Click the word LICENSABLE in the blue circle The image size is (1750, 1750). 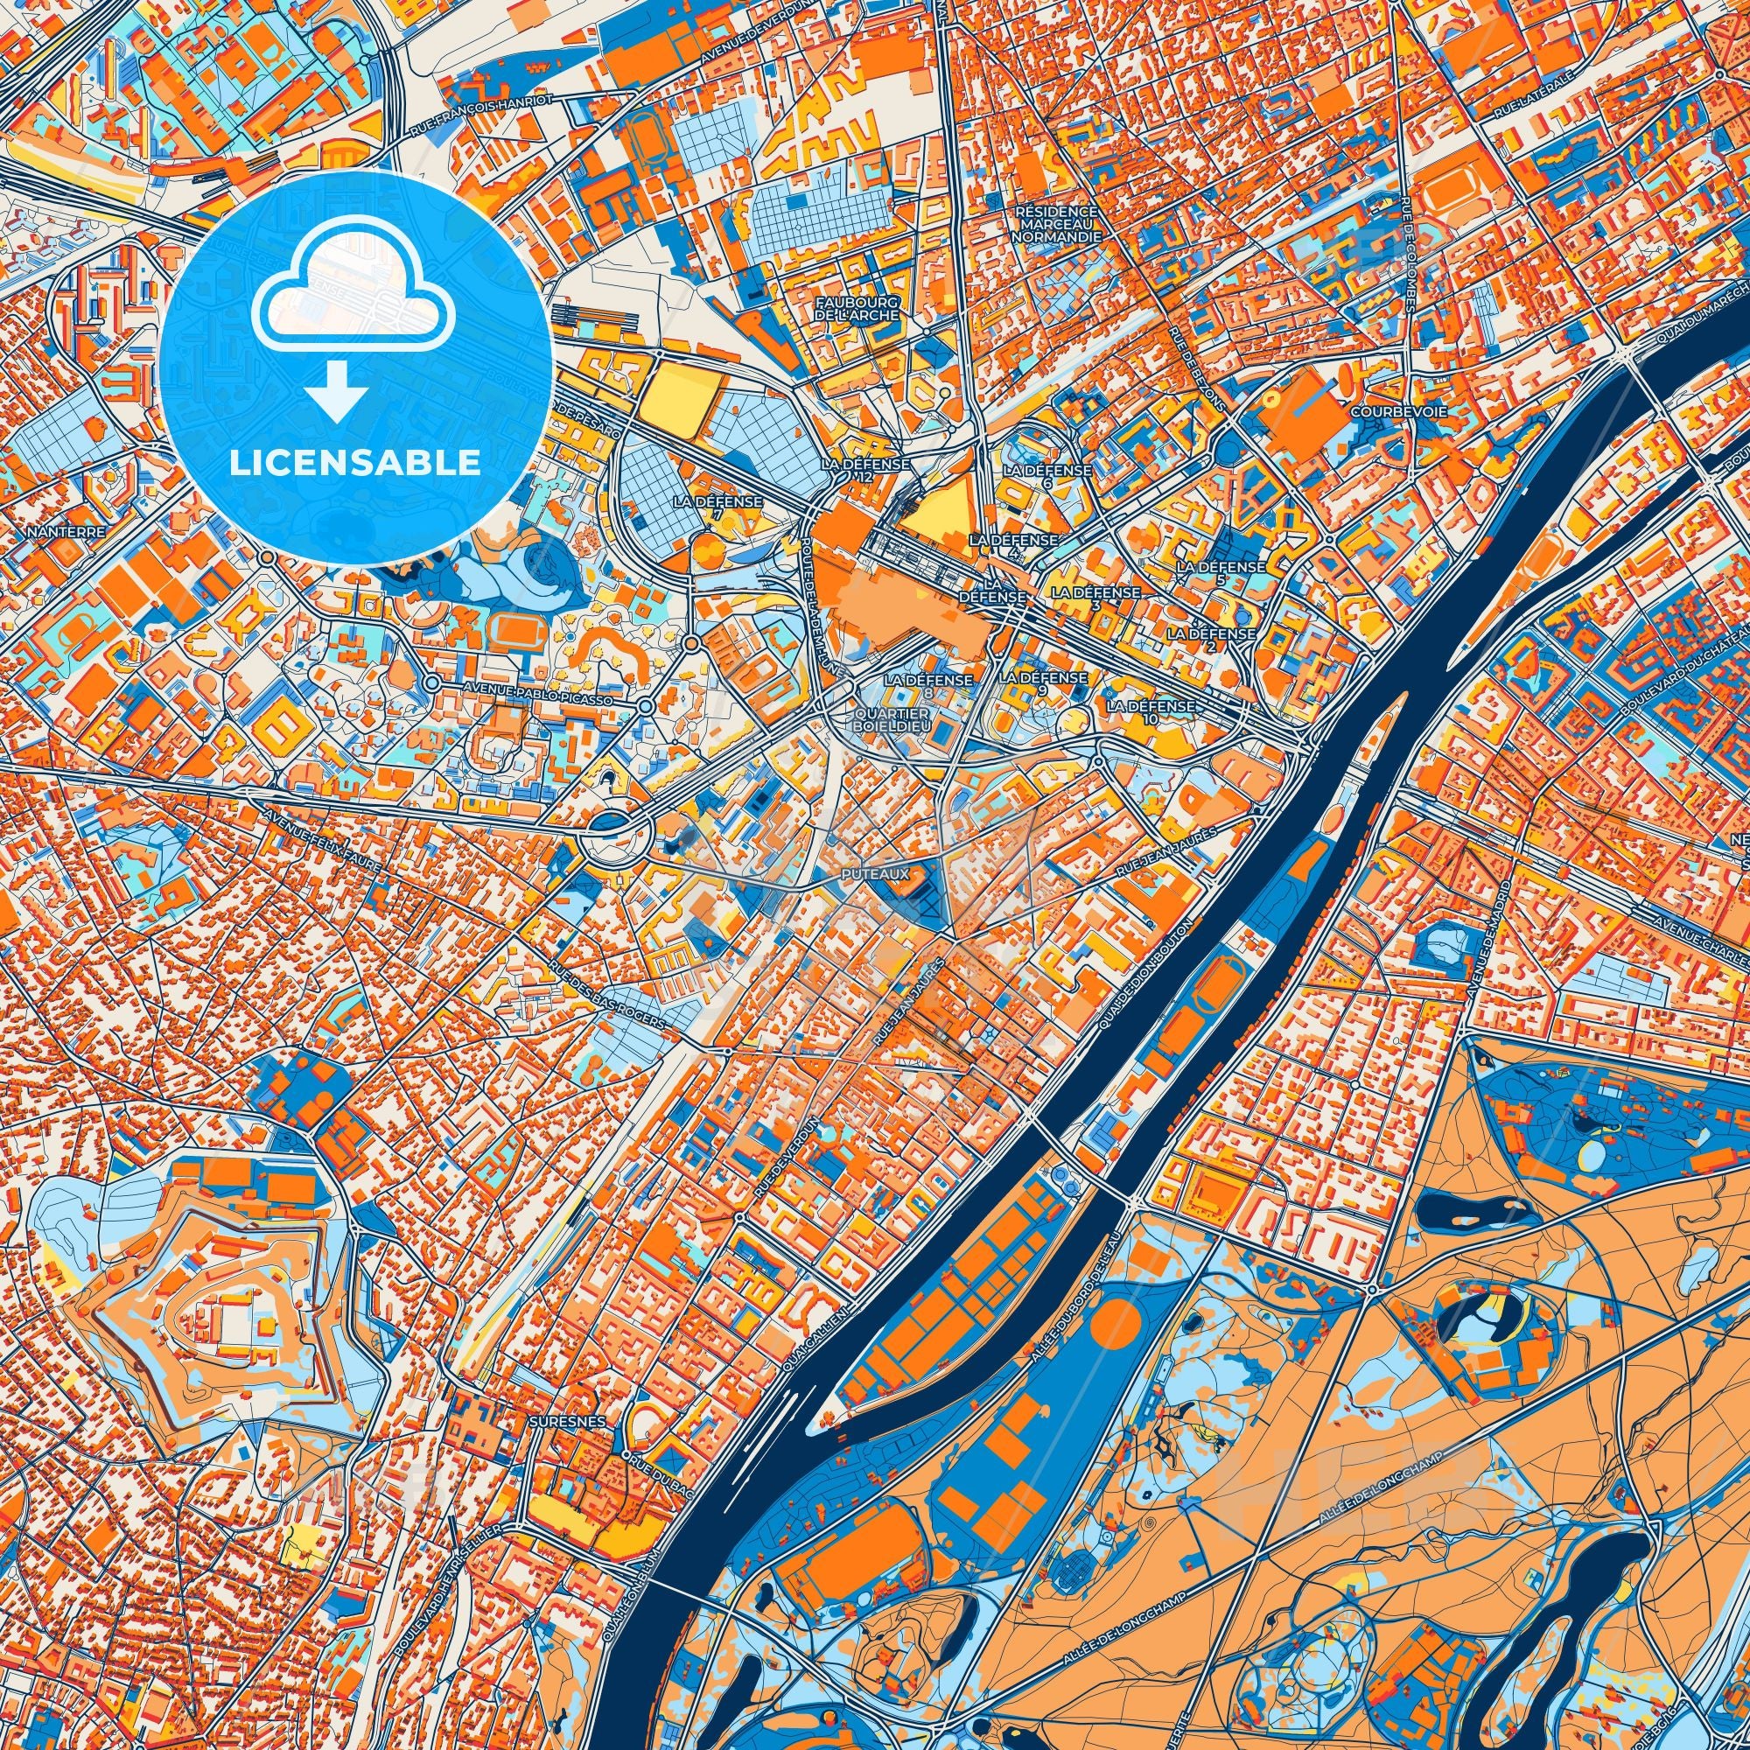(354, 463)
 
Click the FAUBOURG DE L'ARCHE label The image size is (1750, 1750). (857, 308)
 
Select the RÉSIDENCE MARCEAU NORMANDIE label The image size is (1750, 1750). (1057, 223)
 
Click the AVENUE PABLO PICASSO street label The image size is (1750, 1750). (537, 694)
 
